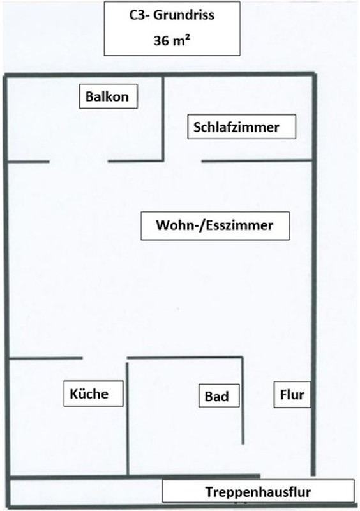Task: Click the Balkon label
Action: [108, 96]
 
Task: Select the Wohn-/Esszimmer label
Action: [215, 225]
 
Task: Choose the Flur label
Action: [292, 394]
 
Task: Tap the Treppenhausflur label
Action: [258, 491]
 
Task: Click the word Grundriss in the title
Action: [184, 15]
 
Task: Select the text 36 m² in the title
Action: [172, 41]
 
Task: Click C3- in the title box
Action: [139, 15]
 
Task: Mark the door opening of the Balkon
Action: [79, 161]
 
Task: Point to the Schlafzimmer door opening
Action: [183, 161]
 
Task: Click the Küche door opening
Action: [104, 358]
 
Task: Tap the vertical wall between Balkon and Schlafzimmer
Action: [163, 119]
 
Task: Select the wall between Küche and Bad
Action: [128, 419]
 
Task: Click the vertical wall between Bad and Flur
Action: [243, 400]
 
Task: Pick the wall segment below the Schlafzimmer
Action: [257, 161]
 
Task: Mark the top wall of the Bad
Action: [184, 358]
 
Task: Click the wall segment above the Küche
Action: [45, 358]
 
